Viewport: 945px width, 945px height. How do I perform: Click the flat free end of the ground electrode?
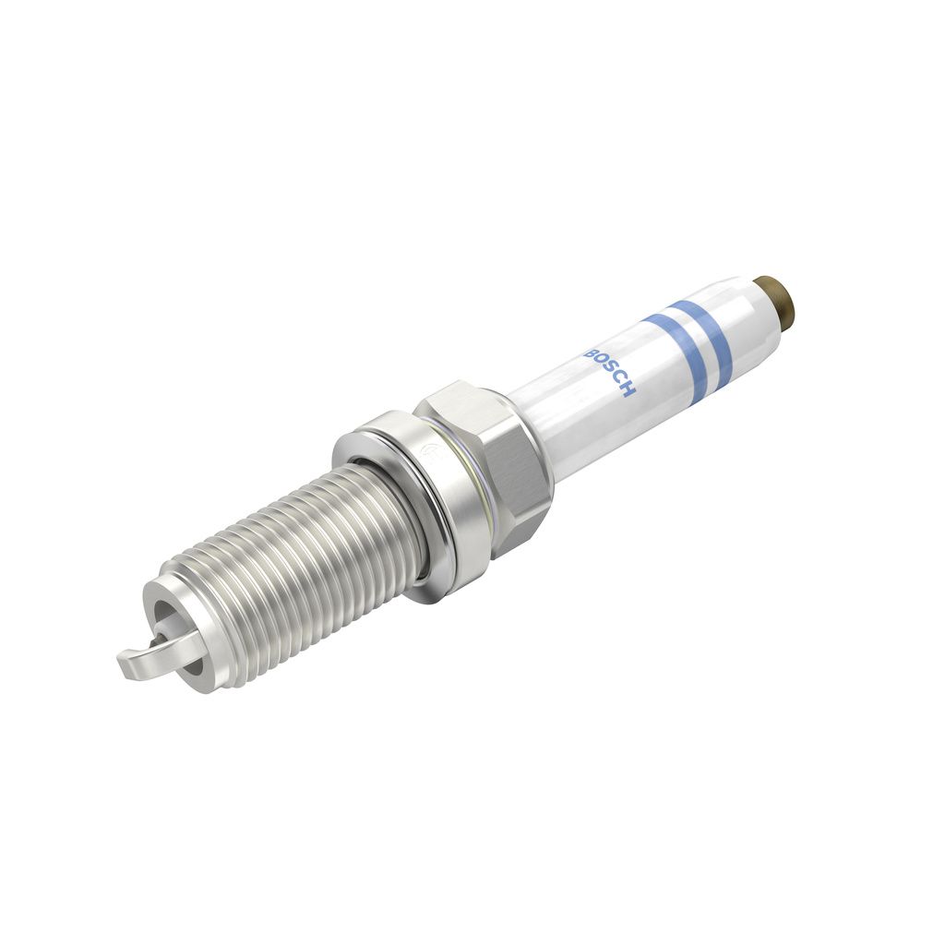tap(129, 665)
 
